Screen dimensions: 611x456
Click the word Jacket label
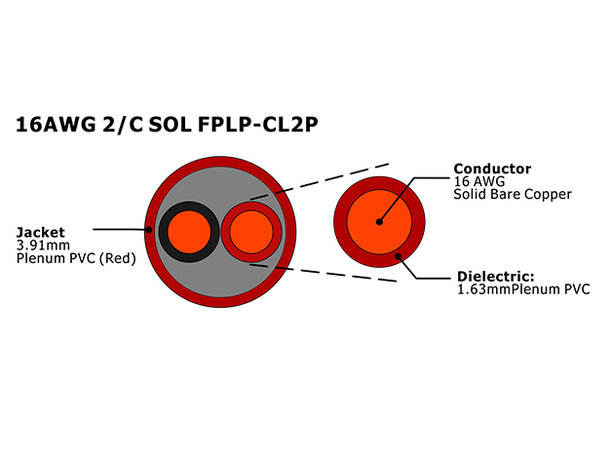(x=41, y=232)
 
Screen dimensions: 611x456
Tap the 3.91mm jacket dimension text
(x=43, y=246)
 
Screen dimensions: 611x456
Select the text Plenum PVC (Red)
(x=76, y=258)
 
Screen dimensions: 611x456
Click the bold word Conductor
(x=492, y=169)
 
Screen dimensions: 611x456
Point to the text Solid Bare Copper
(x=513, y=194)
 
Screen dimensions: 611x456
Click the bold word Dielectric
(x=496, y=277)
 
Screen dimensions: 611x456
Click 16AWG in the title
(x=56, y=125)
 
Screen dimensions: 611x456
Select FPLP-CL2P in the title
(x=258, y=125)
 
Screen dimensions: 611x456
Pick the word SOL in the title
(x=170, y=125)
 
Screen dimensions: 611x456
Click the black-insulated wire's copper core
(x=189, y=232)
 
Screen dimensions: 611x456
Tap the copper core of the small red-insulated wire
(x=251, y=232)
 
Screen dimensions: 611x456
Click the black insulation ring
(x=163, y=232)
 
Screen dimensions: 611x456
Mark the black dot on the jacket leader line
(x=149, y=230)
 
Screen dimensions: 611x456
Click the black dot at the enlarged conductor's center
(x=379, y=222)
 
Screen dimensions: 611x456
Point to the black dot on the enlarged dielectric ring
(x=398, y=256)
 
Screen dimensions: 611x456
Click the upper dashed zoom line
(x=320, y=181)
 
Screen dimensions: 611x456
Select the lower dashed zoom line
(x=323, y=273)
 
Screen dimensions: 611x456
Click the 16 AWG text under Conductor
(x=478, y=181)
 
